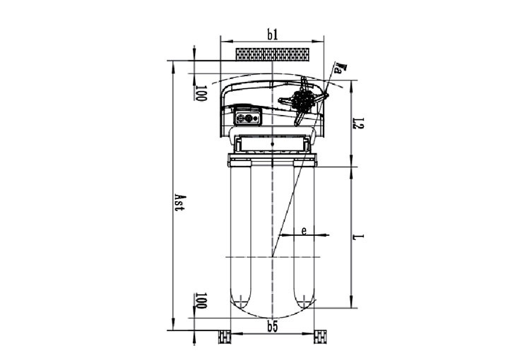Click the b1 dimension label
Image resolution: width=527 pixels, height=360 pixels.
pyautogui.click(x=273, y=35)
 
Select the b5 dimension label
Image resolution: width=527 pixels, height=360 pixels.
pyautogui.click(x=273, y=326)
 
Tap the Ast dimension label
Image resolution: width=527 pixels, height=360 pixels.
pyautogui.click(x=180, y=203)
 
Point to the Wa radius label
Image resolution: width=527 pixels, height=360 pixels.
pyautogui.click(x=340, y=67)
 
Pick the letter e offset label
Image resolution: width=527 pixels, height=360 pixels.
pyautogui.click(x=304, y=231)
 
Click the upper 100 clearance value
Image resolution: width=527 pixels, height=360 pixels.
pyautogui.click(x=201, y=93)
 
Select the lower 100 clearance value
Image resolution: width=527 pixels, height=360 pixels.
pyautogui.click(x=201, y=301)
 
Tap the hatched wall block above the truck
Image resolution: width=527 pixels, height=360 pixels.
pyautogui.click(x=273, y=54)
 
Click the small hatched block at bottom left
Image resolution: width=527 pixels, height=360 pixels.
pyautogui.click(x=225, y=337)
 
